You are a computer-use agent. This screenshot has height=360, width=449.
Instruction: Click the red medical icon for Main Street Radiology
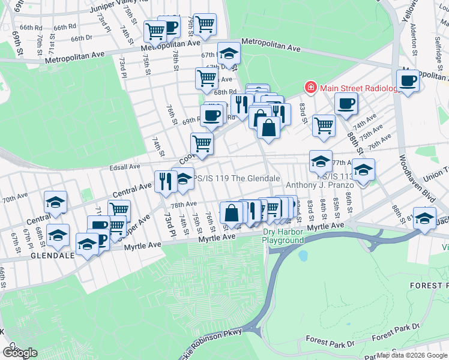[x=311, y=88]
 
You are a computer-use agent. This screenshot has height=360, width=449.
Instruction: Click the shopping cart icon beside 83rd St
[x=324, y=125]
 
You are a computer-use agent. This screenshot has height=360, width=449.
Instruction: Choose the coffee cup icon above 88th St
[x=346, y=104]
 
